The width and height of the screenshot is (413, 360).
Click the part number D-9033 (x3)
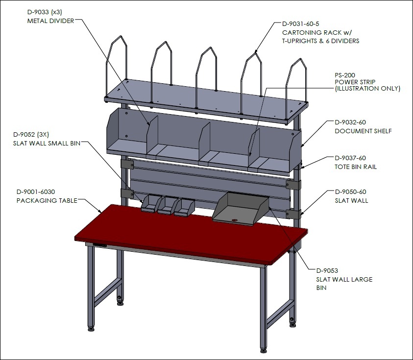45,12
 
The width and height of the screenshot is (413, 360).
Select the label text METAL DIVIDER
50,21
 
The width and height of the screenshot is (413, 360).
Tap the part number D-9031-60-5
300,24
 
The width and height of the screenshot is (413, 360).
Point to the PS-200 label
345,75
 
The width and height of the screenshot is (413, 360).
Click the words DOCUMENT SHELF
363,131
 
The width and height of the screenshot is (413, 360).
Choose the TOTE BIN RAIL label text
356,167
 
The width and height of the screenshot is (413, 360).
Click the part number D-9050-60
350,192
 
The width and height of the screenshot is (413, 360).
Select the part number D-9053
327,270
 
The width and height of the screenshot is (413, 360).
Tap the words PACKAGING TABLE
47,200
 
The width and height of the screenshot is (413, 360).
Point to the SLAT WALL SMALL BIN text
47,143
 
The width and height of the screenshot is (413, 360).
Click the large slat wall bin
240,209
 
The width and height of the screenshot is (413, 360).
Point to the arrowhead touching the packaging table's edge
100,211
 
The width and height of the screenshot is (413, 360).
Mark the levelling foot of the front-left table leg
91,329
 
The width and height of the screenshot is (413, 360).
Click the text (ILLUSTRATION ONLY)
367,89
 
